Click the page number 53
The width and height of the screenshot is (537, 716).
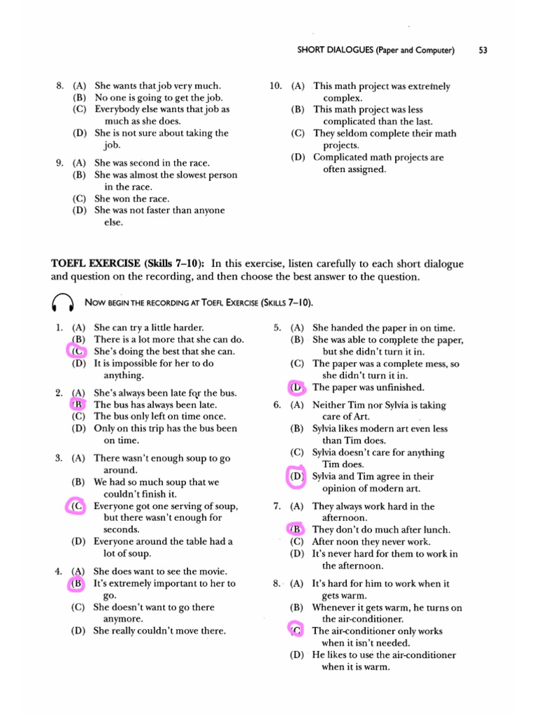click(x=482, y=50)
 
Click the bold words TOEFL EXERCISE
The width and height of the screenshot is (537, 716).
click(x=96, y=264)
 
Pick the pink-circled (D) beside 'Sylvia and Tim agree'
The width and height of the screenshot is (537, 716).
click(x=297, y=476)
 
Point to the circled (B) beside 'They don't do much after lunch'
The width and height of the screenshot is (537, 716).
click(x=296, y=529)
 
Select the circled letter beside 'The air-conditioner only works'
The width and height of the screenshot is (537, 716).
click(x=296, y=631)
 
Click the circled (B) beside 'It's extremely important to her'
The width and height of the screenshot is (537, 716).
click(x=78, y=583)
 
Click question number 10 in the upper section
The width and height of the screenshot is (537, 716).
click(x=275, y=86)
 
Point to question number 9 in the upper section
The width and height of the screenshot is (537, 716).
click(x=59, y=163)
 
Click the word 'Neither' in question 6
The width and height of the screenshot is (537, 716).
click(x=329, y=405)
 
